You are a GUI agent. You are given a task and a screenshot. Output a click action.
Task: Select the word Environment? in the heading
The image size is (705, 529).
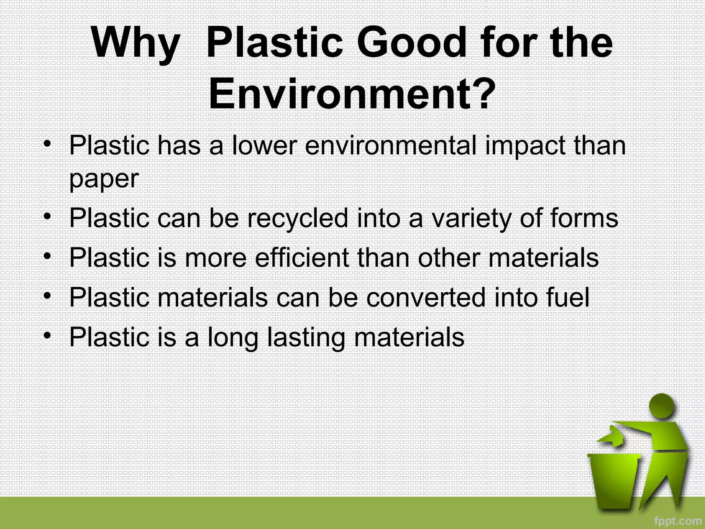pos(352,94)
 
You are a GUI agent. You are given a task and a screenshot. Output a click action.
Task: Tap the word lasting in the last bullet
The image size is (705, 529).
pos(306,338)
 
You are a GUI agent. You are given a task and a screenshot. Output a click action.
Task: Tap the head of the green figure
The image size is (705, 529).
pos(662,406)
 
